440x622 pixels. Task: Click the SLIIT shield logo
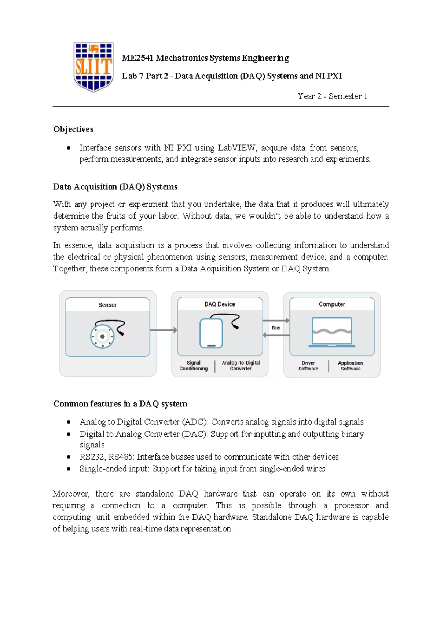click(x=93, y=67)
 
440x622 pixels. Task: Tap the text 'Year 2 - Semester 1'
click(x=332, y=96)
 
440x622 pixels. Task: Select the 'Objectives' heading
click(x=73, y=129)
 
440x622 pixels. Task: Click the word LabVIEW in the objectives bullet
click(x=237, y=148)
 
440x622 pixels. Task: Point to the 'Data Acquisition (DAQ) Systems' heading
click(x=115, y=187)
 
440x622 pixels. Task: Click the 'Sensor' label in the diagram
click(x=107, y=305)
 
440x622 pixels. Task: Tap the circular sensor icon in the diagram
click(x=103, y=336)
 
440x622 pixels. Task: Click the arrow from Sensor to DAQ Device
click(x=164, y=330)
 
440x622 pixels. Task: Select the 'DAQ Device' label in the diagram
click(x=220, y=304)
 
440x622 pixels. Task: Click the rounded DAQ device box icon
click(x=211, y=333)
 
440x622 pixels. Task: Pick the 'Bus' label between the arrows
click(x=276, y=328)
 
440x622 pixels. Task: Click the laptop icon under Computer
click(x=332, y=332)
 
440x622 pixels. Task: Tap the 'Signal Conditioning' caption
click(x=194, y=366)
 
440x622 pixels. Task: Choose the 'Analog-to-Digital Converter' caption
click(x=241, y=366)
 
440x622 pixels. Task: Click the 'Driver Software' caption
click(x=308, y=366)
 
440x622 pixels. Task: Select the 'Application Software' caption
click(x=351, y=366)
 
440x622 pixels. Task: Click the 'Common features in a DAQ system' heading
click(x=120, y=404)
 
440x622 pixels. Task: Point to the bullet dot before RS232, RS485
click(x=69, y=457)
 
